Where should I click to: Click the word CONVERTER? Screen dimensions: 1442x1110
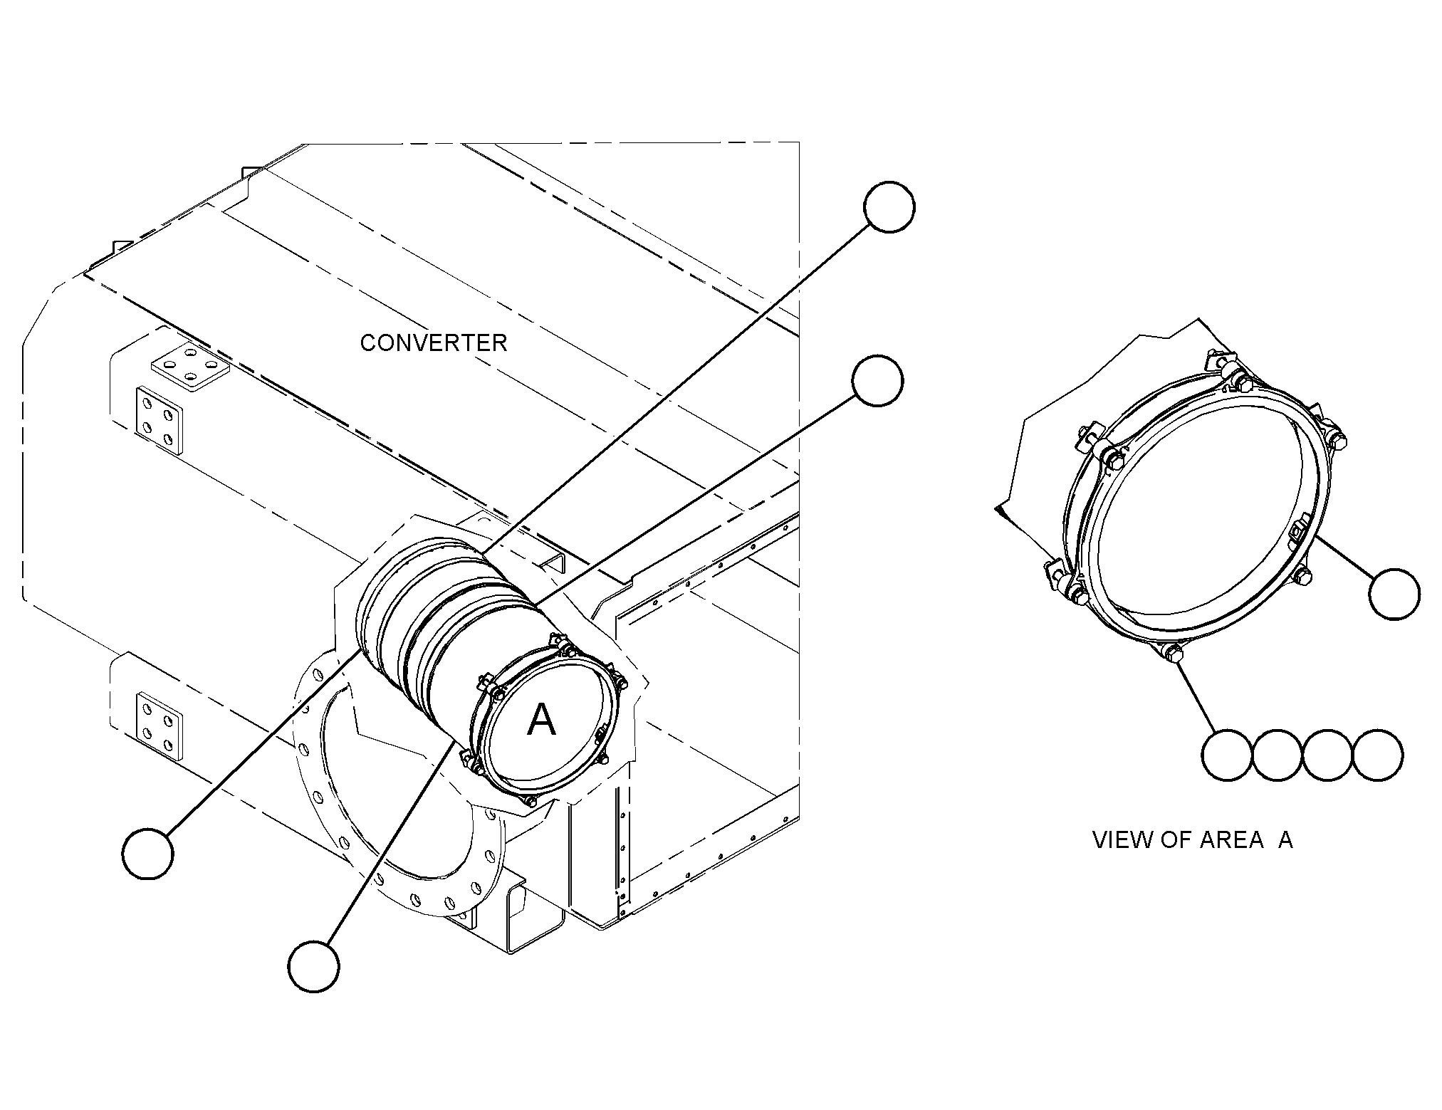pos(434,343)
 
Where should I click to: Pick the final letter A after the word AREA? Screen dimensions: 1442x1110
pos(1285,840)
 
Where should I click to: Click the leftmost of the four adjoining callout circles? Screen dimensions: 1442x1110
pos(1226,755)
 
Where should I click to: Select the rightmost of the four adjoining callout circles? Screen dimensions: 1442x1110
pos(1378,755)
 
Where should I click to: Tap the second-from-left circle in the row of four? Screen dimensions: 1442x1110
pos(1277,755)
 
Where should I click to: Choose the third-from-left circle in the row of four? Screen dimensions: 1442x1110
pos(1327,755)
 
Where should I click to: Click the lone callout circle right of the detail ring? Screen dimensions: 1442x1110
pos(1395,594)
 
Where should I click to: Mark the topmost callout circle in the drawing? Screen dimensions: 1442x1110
pos(889,206)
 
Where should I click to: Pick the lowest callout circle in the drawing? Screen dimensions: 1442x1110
pos(313,965)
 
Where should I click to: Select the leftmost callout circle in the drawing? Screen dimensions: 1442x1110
pos(148,853)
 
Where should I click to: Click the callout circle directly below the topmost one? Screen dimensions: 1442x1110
pos(877,381)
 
